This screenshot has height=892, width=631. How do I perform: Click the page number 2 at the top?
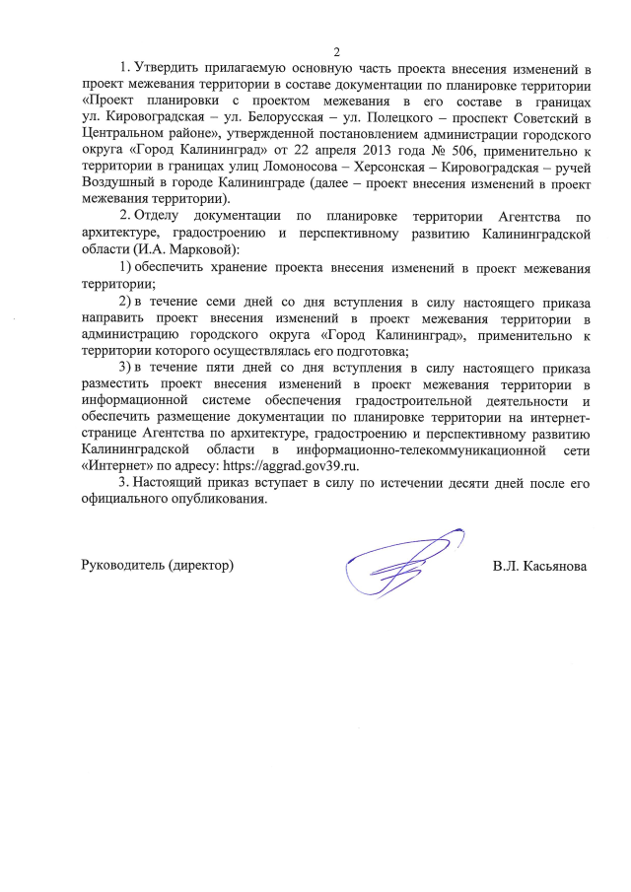pyautogui.click(x=336, y=52)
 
